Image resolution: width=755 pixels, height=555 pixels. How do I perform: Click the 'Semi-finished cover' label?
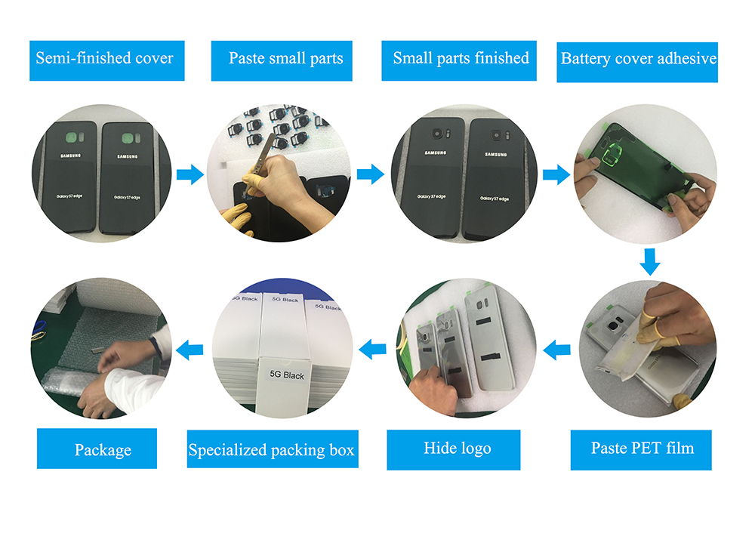105,59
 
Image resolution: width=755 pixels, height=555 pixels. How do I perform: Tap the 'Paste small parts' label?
286,59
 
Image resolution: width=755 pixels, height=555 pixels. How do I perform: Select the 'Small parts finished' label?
461,59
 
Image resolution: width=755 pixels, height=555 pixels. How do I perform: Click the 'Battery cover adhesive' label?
639,59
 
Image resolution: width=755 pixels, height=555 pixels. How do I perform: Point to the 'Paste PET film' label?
642,449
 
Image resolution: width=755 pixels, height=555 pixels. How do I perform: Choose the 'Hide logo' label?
458,449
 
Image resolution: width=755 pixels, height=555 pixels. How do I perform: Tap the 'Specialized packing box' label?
271,451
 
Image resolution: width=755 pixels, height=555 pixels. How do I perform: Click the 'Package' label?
103,451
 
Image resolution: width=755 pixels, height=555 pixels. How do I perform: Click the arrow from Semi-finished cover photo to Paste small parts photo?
190,176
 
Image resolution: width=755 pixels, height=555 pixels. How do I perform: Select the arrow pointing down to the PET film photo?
649,262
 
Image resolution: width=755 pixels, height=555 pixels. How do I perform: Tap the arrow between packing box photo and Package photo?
190,349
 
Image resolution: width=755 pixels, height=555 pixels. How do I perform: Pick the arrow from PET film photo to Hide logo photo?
557,349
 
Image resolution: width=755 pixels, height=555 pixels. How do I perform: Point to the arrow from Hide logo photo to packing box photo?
373,349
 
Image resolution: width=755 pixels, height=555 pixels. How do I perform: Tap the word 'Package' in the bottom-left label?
103,451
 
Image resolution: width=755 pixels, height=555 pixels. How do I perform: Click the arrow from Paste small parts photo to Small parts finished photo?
370,176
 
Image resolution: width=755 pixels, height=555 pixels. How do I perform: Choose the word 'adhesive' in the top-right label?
683,59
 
